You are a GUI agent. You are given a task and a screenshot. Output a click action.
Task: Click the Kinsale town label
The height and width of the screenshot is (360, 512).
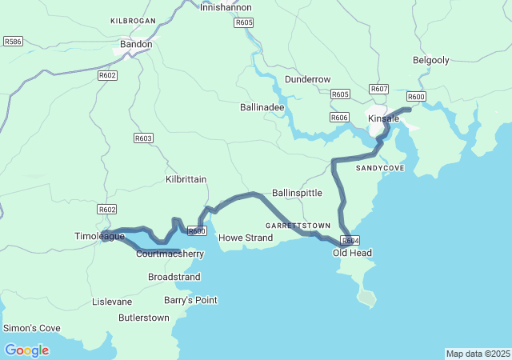pos(383,118)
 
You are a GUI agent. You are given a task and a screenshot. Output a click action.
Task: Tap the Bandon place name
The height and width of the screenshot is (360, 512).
pos(136,45)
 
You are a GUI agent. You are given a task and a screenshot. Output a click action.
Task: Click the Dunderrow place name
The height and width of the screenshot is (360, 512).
pos(307,79)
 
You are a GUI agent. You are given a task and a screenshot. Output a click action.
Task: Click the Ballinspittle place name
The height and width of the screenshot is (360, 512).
pos(297,193)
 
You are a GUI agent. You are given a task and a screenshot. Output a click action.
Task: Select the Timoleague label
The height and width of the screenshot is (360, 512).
pos(100,237)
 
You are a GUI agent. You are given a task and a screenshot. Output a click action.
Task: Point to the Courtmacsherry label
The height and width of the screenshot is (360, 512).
pos(170,254)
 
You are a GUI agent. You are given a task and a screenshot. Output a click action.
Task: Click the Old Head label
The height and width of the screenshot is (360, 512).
pos(352,253)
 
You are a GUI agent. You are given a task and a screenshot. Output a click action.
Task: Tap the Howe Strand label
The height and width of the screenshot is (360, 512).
pos(246,238)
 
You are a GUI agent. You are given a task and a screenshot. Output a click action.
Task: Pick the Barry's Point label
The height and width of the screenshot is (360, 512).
pos(190,300)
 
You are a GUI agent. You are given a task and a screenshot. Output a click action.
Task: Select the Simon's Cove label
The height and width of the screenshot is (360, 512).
pos(32,328)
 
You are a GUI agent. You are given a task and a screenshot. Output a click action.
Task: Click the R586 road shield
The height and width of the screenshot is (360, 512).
pos(13,41)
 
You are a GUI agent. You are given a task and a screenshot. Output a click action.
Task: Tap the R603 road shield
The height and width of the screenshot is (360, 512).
pos(143,138)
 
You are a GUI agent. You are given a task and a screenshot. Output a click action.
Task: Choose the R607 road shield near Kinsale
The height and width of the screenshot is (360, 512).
pos(379,89)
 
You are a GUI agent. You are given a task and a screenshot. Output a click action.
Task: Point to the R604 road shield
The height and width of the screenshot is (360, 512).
pos(350,240)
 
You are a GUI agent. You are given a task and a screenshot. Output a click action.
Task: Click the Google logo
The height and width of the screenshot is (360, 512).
pos(26,350)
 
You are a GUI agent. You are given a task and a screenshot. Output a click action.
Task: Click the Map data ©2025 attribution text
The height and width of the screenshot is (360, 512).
pos(477,354)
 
